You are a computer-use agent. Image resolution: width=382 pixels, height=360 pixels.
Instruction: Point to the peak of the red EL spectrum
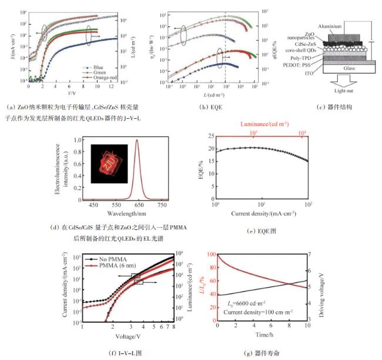137,140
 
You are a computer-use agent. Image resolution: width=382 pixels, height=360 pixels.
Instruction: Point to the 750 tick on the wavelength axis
162,204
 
